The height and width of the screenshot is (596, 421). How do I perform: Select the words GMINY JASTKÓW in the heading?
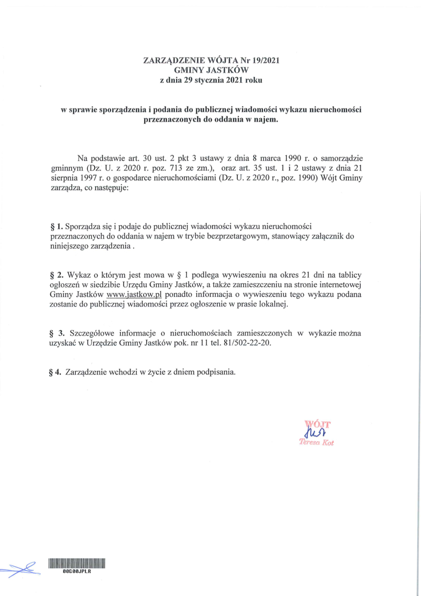pyautogui.click(x=210, y=71)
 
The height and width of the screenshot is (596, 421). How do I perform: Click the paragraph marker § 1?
pyautogui.click(x=55, y=227)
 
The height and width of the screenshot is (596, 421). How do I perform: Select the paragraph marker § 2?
pyautogui.click(x=56, y=275)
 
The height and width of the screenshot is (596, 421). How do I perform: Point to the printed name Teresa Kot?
pyautogui.click(x=316, y=443)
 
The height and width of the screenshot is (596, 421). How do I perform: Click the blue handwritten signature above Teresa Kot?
pyautogui.click(x=314, y=432)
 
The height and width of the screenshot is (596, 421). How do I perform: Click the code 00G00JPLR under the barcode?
pyautogui.click(x=77, y=572)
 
